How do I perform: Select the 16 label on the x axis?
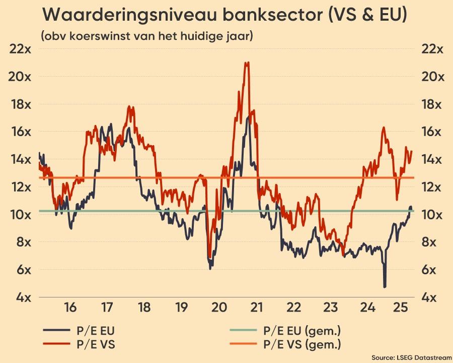(70, 307)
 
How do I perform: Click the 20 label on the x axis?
(219, 307)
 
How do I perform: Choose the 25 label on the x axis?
(400, 307)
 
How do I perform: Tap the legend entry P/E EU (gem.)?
(302, 331)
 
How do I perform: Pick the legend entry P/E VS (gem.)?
(302, 345)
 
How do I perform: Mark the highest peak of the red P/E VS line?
(247, 63)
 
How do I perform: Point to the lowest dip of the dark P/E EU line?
(385, 286)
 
